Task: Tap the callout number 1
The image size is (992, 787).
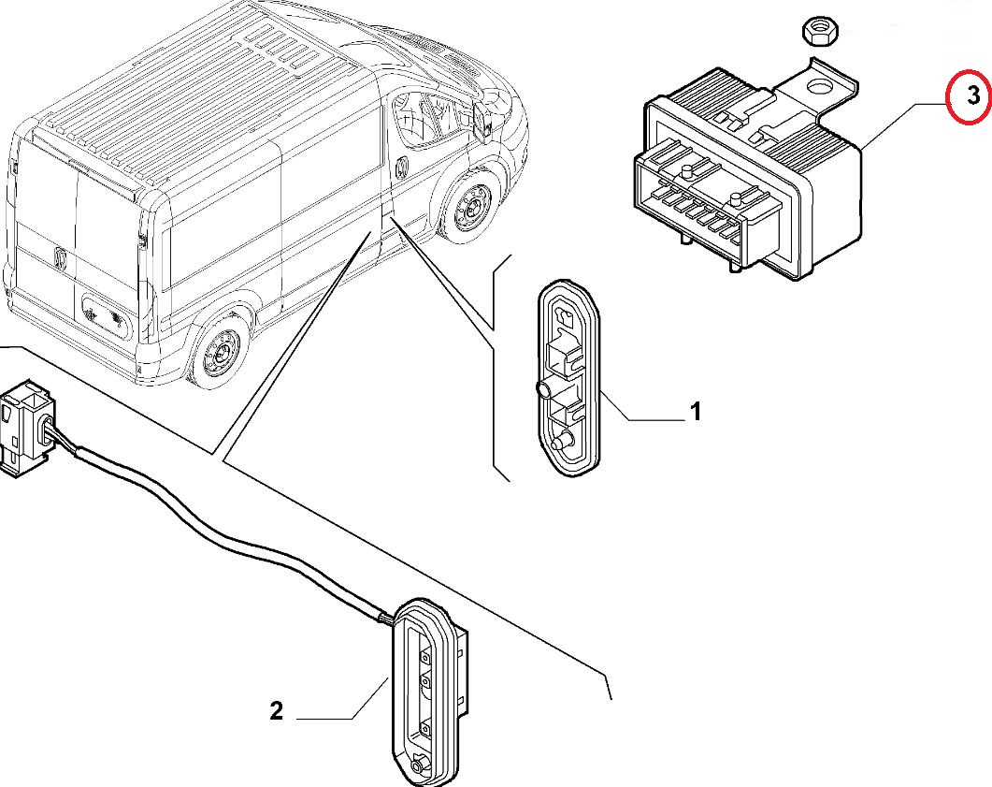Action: tap(696, 411)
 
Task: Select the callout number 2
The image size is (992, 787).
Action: tap(276, 711)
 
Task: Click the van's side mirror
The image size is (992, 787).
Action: tap(484, 117)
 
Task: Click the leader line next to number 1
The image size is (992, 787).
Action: tap(645, 416)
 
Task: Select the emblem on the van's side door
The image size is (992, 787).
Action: tap(399, 168)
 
